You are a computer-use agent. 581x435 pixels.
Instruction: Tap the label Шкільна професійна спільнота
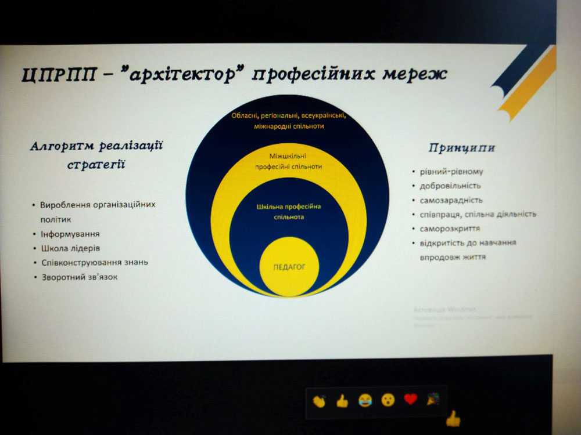click(289, 212)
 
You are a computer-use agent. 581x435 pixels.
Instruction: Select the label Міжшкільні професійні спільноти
click(289, 161)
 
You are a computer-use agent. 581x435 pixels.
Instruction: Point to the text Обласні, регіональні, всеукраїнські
click(289, 115)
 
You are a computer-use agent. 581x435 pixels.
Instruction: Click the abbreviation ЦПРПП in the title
click(56, 75)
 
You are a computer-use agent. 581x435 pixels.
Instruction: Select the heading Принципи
click(462, 147)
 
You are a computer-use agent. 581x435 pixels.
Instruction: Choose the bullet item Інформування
click(70, 234)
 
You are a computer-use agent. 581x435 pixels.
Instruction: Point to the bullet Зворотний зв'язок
click(79, 277)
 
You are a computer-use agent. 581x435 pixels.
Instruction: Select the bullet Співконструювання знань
click(94, 262)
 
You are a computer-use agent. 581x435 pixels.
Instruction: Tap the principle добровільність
click(450, 186)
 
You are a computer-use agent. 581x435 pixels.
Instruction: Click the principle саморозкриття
click(450, 229)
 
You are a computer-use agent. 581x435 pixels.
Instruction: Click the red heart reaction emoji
click(411, 399)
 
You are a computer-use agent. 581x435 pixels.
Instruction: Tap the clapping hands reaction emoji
click(319, 400)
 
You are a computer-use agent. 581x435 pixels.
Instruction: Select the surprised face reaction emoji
click(388, 400)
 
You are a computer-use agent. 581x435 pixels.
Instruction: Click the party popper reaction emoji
click(433, 398)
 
